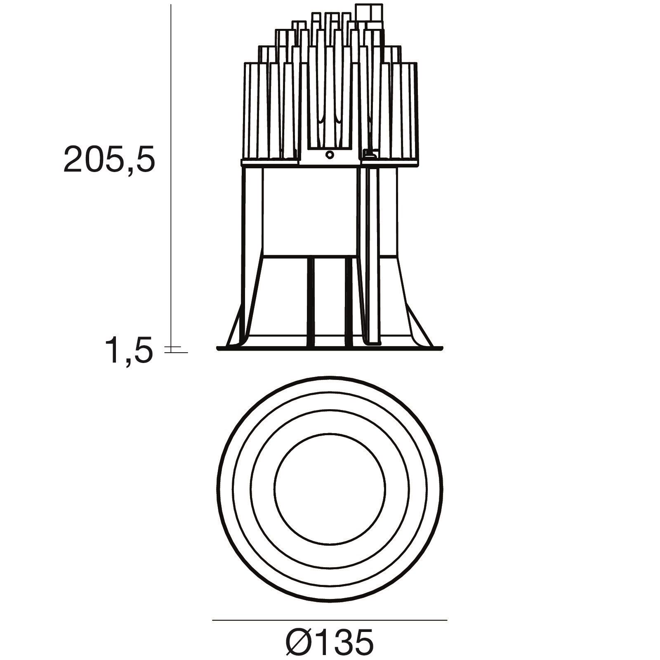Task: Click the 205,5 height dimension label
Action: pos(109,160)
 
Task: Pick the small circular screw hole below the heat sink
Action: pos(329,155)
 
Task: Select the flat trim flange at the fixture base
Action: pos(330,349)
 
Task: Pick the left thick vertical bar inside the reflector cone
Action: pos(311,301)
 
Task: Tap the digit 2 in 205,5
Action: pos(75,160)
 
